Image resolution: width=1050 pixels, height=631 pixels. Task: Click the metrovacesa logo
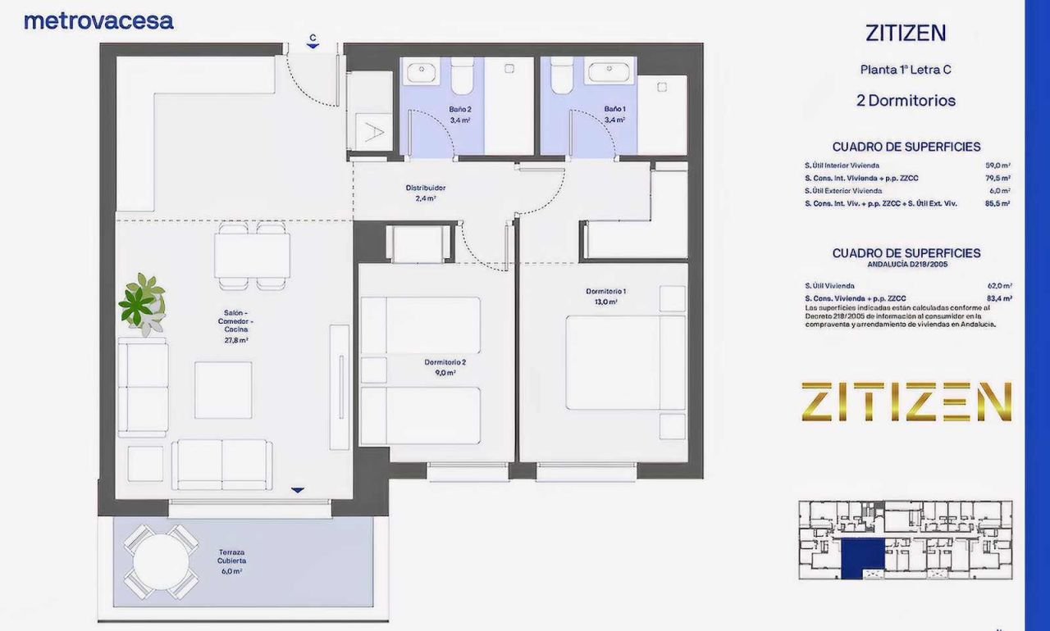click(x=98, y=21)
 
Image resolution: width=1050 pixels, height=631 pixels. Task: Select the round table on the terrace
click(x=161, y=562)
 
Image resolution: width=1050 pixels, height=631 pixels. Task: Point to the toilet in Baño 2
click(x=461, y=76)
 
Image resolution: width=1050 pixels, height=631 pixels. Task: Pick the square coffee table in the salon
click(x=223, y=390)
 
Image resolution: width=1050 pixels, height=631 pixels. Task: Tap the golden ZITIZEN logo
click(x=906, y=402)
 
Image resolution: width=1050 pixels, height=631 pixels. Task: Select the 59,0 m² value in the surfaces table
click(x=997, y=165)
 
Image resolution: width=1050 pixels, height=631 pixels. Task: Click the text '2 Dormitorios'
click(x=906, y=101)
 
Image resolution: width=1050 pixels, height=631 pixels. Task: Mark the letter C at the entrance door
click(x=313, y=38)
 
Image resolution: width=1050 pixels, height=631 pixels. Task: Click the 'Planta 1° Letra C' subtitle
click(x=906, y=70)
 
